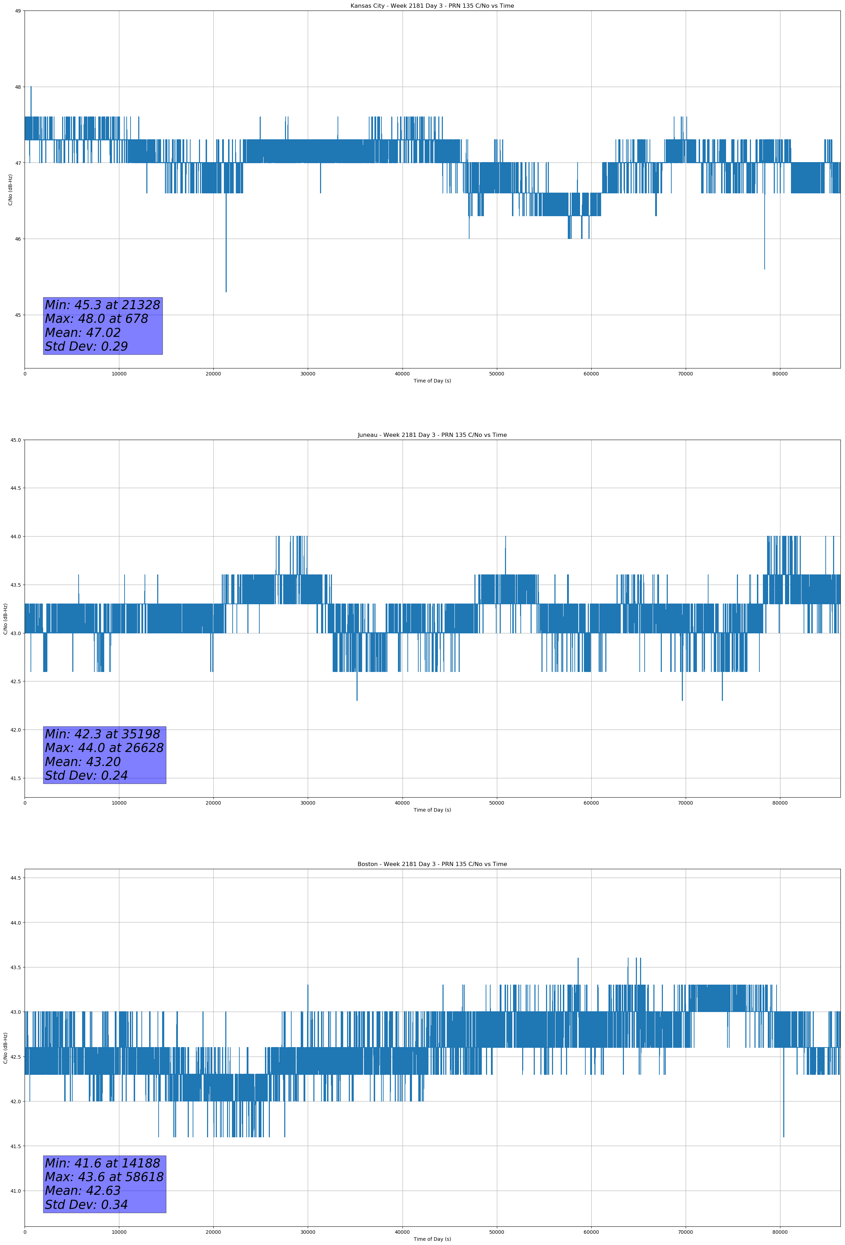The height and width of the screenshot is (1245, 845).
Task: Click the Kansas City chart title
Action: click(432, 6)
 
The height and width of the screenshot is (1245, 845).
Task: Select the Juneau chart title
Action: click(432, 435)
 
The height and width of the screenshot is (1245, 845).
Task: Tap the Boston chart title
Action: click(432, 864)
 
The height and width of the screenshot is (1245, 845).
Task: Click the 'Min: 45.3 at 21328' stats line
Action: click(102, 305)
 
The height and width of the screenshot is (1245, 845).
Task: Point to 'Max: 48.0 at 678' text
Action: click(97, 319)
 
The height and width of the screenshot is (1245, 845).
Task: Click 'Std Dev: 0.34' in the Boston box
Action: click(86, 1205)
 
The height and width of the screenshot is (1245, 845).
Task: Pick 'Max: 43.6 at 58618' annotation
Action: click(104, 1177)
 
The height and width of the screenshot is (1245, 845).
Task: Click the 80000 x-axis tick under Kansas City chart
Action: click(780, 374)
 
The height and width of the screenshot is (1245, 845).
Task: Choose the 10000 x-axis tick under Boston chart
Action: click(119, 1232)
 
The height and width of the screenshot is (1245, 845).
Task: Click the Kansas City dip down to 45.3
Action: click(226, 291)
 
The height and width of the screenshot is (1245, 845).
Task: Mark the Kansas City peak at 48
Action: click(31, 87)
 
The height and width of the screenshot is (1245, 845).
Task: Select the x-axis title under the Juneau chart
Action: click(432, 810)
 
